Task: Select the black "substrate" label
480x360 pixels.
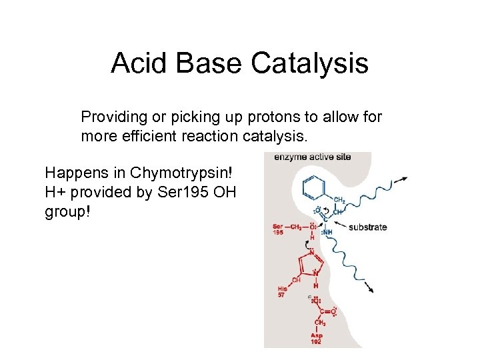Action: coord(367,227)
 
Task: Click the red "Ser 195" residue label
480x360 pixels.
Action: coord(279,230)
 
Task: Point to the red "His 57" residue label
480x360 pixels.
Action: coord(283,291)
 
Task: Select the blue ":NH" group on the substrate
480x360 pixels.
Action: coord(327,231)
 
